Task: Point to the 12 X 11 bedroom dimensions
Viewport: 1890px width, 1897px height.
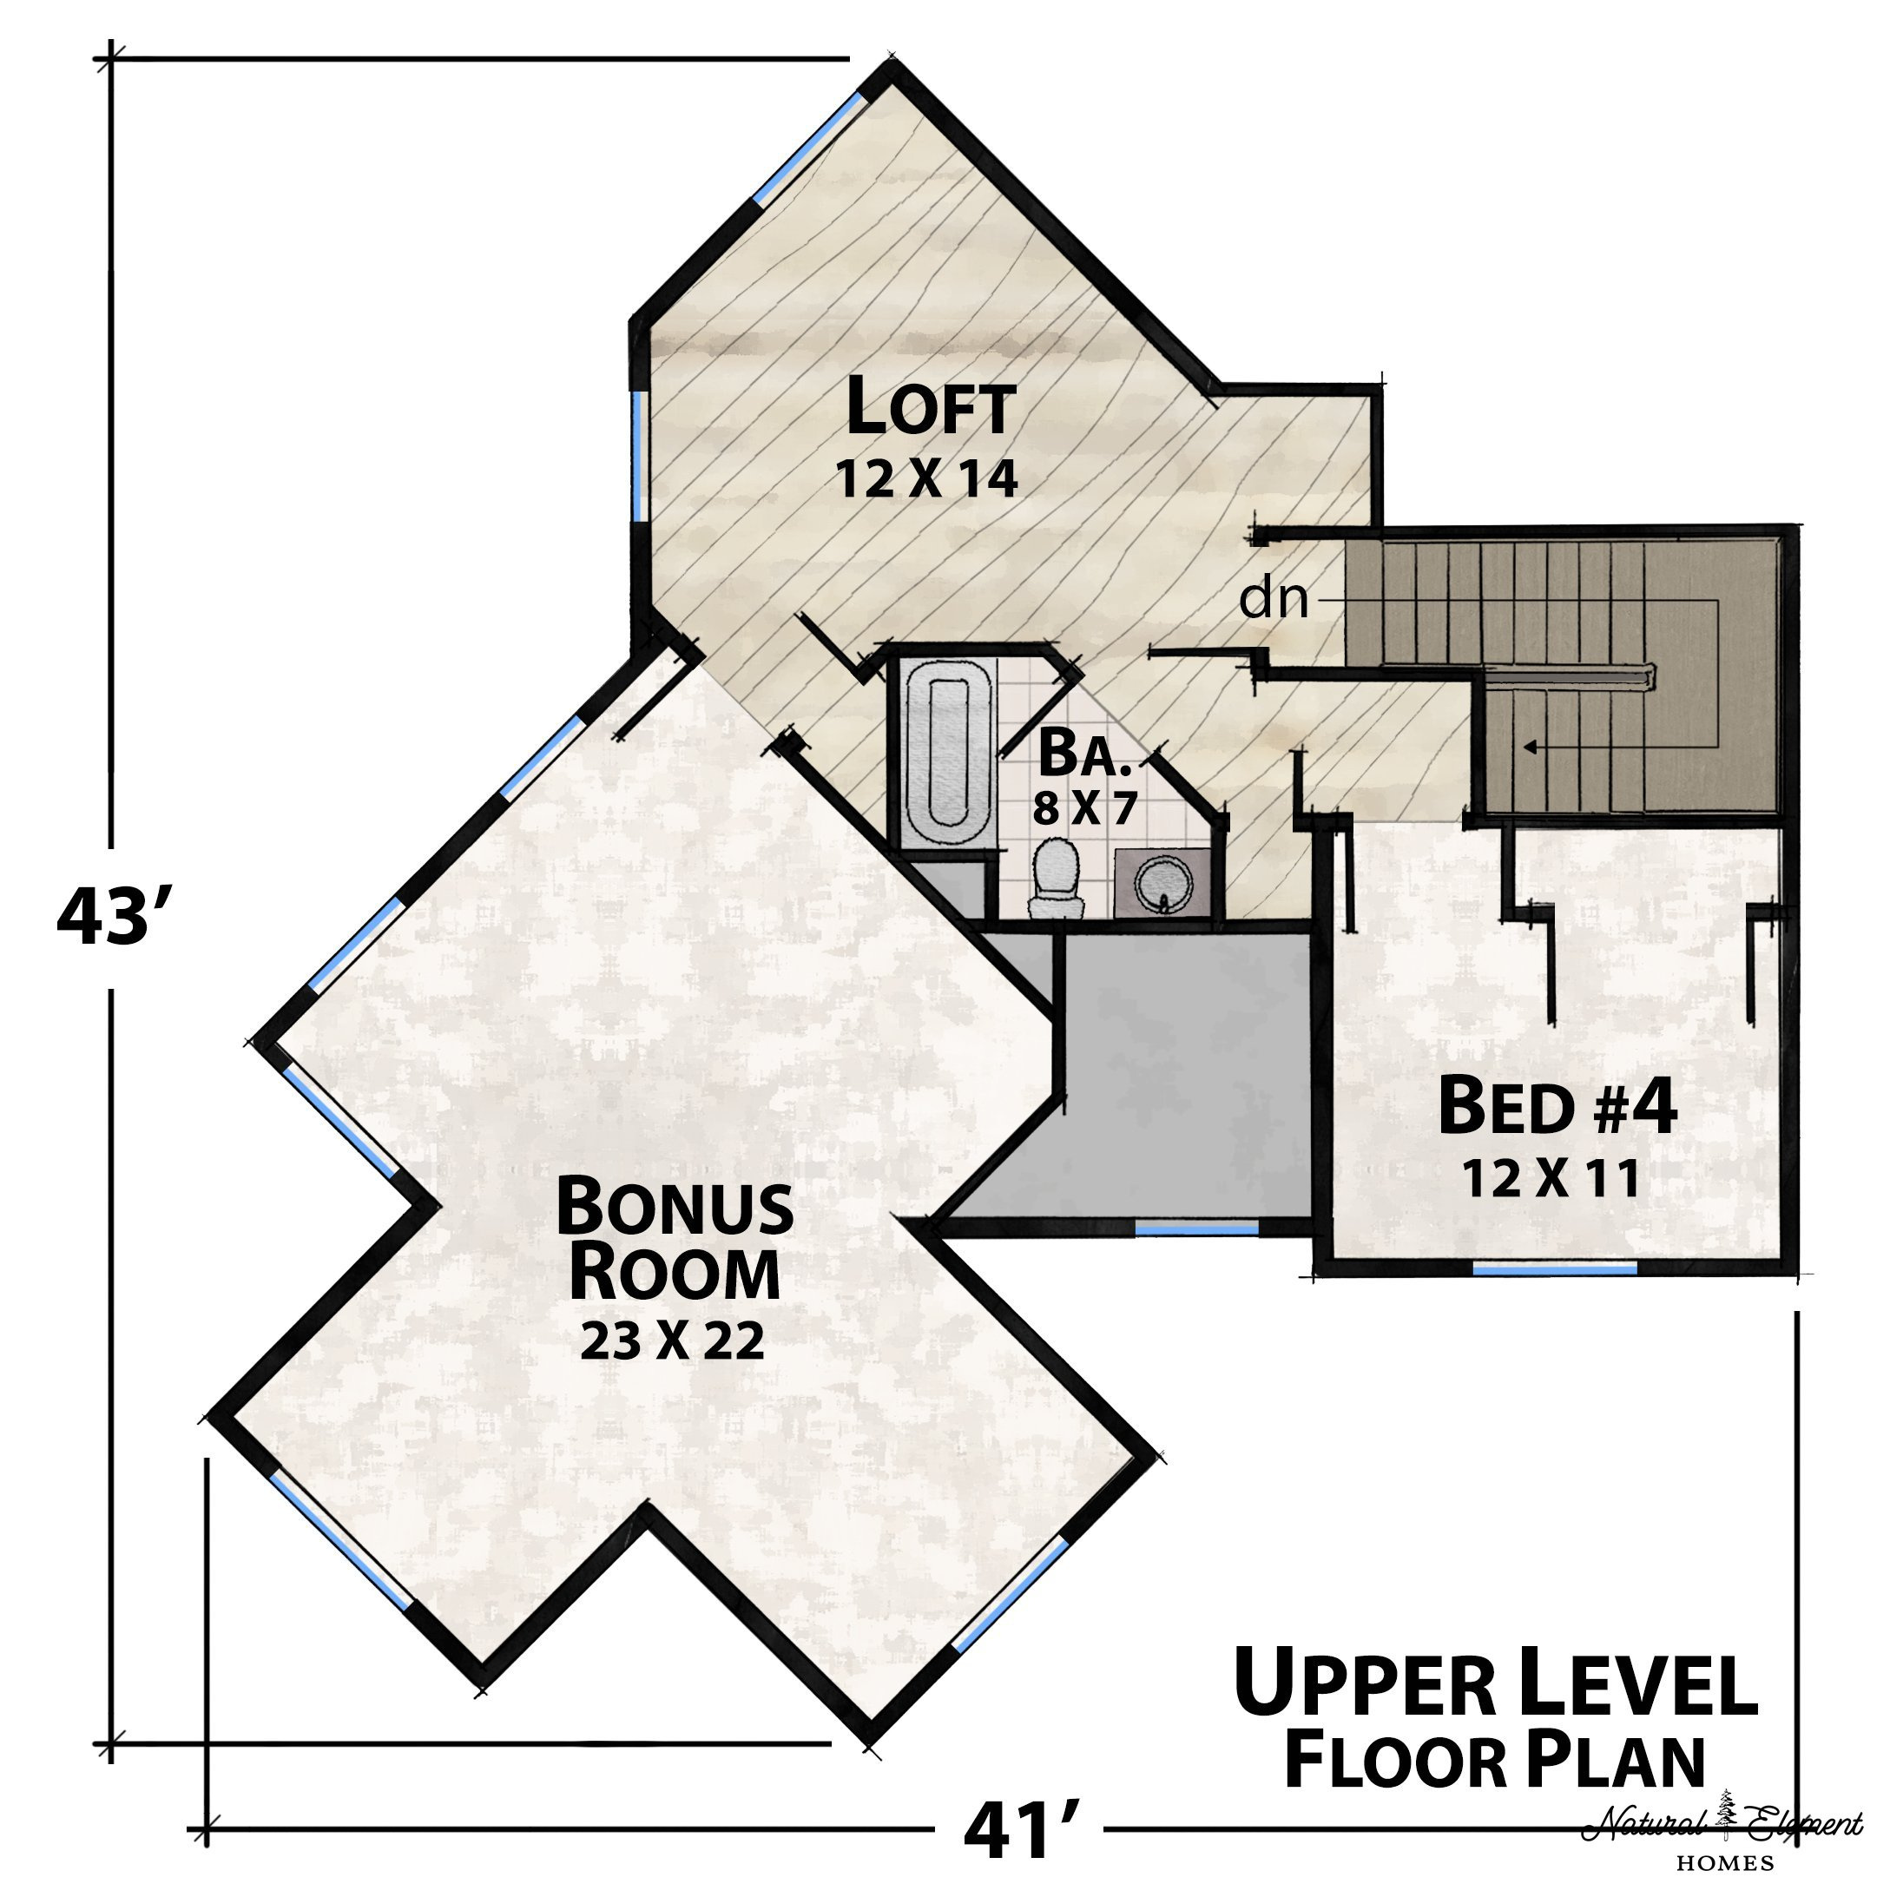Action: pyautogui.click(x=1551, y=1179)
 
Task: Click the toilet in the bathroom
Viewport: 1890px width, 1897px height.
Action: pyautogui.click(x=1056, y=877)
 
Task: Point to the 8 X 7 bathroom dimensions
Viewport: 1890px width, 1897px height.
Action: pyautogui.click(x=1084, y=808)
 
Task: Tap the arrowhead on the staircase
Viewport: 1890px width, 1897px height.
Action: pyautogui.click(x=1529, y=748)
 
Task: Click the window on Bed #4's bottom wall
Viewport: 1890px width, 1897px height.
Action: pyautogui.click(x=1555, y=1268)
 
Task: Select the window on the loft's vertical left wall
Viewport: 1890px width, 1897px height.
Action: pyautogui.click(x=640, y=453)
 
